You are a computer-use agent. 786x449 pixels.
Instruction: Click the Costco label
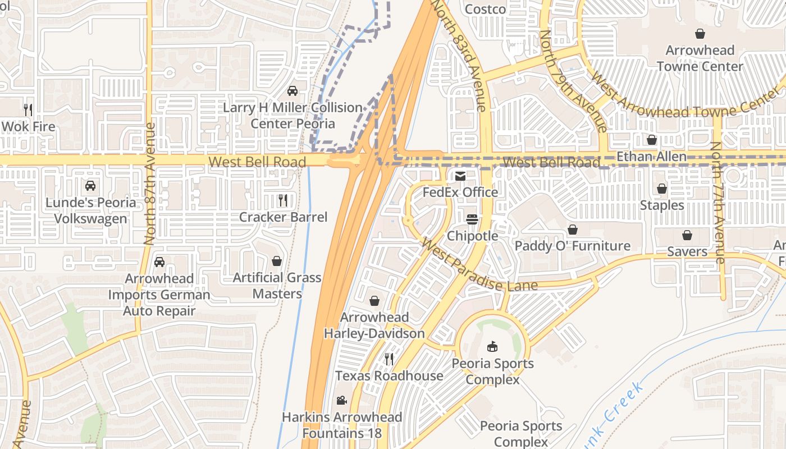pyautogui.click(x=486, y=9)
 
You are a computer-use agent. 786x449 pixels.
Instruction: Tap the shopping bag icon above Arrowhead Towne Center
pyautogui.click(x=700, y=34)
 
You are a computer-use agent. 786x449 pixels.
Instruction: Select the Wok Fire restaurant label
pyautogui.click(x=28, y=126)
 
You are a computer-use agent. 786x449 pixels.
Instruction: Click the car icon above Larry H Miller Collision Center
pyautogui.click(x=292, y=90)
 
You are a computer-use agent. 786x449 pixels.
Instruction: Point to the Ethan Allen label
pyautogui.click(x=651, y=156)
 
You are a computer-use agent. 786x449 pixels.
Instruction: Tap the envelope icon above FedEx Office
pyautogui.click(x=460, y=176)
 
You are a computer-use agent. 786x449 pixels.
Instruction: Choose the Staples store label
pyautogui.click(x=662, y=205)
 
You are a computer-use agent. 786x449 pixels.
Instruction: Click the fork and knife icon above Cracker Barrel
pyautogui.click(x=283, y=200)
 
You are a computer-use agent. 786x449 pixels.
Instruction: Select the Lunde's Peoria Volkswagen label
pyautogui.click(x=90, y=210)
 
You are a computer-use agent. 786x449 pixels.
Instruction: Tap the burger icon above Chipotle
pyautogui.click(x=472, y=219)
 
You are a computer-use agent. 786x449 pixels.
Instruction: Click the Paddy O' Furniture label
pyautogui.click(x=573, y=246)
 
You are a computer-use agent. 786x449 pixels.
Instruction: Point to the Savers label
pyautogui.click(x=687, y=251)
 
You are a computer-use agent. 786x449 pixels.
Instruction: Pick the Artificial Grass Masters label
pyautogui.click(x=277, y=285)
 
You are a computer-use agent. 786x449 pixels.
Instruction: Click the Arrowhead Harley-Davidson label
pyautogui.click(x=374, y=326)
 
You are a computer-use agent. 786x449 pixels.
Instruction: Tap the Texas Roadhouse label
pyautogui.click(x=389, y=375)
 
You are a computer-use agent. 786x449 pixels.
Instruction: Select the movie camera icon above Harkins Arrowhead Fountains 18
pyautogui.click(x=341, y=400)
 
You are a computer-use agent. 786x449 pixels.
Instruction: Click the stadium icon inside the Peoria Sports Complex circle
pyautogui.click(x=492, y=346)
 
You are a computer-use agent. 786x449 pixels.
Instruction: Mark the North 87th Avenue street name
pyautogui.click(x=150, y=184)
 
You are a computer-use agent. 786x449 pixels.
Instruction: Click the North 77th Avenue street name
pyautogui.click(x=718, y=202)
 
